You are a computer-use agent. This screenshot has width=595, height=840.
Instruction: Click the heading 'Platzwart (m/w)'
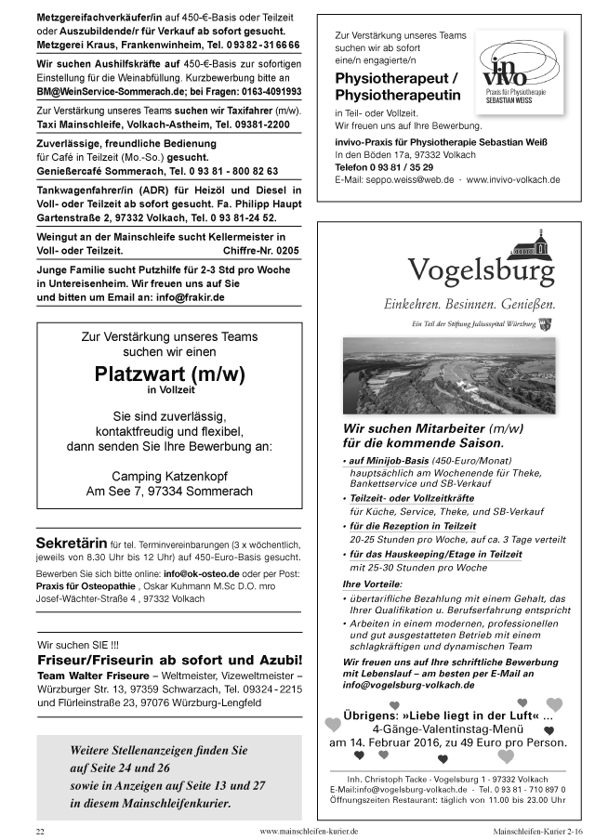tap(169, 375)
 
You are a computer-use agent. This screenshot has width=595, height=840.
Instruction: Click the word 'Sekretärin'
tap(71, 543)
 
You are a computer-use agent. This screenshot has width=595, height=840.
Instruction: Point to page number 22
tap(40, 829)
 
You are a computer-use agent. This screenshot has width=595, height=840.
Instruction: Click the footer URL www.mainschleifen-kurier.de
tap(309, 829)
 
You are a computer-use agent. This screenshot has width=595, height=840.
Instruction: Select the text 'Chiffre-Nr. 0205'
tap(262, 251)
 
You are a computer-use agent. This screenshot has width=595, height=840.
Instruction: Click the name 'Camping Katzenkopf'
tap(169, 476)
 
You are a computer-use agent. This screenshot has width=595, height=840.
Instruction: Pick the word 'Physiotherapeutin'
tap(398, 96)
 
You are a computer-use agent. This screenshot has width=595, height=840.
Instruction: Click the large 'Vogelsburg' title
tap(481, 271)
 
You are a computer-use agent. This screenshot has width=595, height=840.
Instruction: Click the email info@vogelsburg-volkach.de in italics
tap(408, 685)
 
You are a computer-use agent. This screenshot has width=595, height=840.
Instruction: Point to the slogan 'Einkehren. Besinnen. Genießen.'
tap(469, 304)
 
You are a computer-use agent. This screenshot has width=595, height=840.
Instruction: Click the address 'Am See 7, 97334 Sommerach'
tap(169, 492)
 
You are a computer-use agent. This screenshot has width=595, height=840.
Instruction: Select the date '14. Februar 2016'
tap(393, 742)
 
